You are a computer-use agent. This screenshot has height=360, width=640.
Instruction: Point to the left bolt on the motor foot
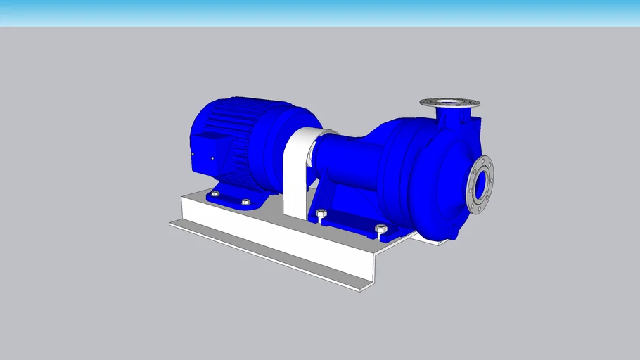click(x=215, y=193)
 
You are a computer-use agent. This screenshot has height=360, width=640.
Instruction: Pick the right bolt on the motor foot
click(x=245, y=202)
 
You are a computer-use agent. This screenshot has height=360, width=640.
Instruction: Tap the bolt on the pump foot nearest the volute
click(x=380, y=229)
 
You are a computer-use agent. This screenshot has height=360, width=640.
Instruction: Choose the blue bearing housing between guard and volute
click(x=345, y=162)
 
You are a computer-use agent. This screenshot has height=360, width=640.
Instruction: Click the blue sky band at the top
click(x=320, y=13)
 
